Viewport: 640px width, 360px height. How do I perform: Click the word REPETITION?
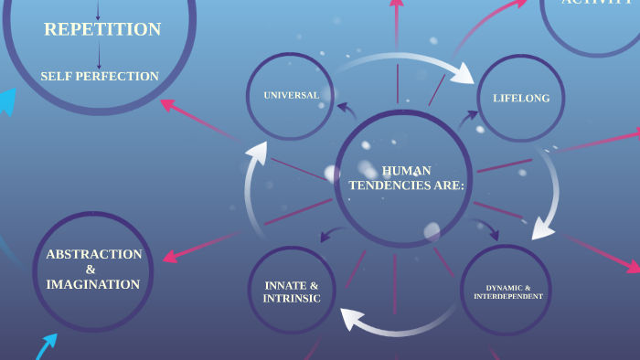click(102, 29)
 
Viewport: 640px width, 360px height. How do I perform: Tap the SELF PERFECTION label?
click(100, 77)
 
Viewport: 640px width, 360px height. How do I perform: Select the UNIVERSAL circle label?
click(291, 95)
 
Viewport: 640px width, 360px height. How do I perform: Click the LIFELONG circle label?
click(521, 98)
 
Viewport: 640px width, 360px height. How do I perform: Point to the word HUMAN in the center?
click(407, 170)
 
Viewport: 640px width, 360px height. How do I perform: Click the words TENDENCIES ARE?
click(407, 185)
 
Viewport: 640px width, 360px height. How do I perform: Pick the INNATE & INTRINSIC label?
click(292, 291)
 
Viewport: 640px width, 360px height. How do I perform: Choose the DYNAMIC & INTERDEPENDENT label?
click(508, 291)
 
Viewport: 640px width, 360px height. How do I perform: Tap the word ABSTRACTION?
click(94, 254)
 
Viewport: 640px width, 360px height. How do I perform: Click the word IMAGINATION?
click(93, 285)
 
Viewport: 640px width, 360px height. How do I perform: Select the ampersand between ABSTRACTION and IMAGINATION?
click(91, 270)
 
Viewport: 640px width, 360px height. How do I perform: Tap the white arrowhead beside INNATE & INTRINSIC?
click(351, 317)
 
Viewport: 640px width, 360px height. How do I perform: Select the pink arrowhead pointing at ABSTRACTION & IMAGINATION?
click(168, 255)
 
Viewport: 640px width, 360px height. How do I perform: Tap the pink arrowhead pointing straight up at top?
click(396, 5)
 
